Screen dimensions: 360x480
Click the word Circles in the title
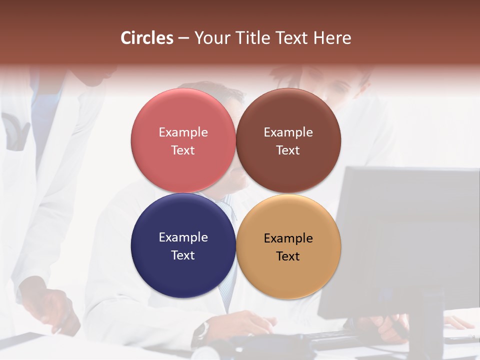coord(147,38)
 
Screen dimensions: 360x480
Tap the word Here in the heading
coord(332,38)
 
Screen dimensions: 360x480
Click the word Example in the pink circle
coord(183,132)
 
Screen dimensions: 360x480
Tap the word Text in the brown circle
coord(288,150)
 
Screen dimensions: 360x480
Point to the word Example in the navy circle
coord(183,237)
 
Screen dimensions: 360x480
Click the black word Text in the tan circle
coord(288,256)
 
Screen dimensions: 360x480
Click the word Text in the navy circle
coord(183,255)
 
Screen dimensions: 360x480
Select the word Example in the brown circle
coord(288,132)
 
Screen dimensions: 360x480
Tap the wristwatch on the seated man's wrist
coord(202,330)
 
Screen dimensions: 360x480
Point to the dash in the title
coord(183,38)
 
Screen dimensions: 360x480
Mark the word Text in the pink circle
coord(183,150)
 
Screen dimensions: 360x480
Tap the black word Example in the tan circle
coord(288,238)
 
